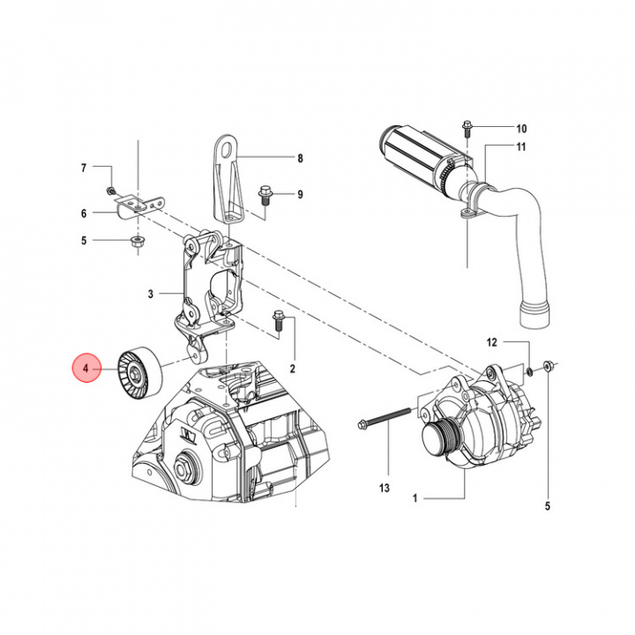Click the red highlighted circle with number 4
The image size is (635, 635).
pos(86,367)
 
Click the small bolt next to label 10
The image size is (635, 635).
pos(467,129)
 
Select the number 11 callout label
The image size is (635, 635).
pos(521,147)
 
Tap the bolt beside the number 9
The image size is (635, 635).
pos(264,193)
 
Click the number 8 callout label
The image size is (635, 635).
pos(300,159)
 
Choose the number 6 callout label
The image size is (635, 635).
pos(85,213)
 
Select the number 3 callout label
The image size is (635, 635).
pos(151,294)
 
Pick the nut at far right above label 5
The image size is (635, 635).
pos(549,364)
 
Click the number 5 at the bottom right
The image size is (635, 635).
pos(548,505)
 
